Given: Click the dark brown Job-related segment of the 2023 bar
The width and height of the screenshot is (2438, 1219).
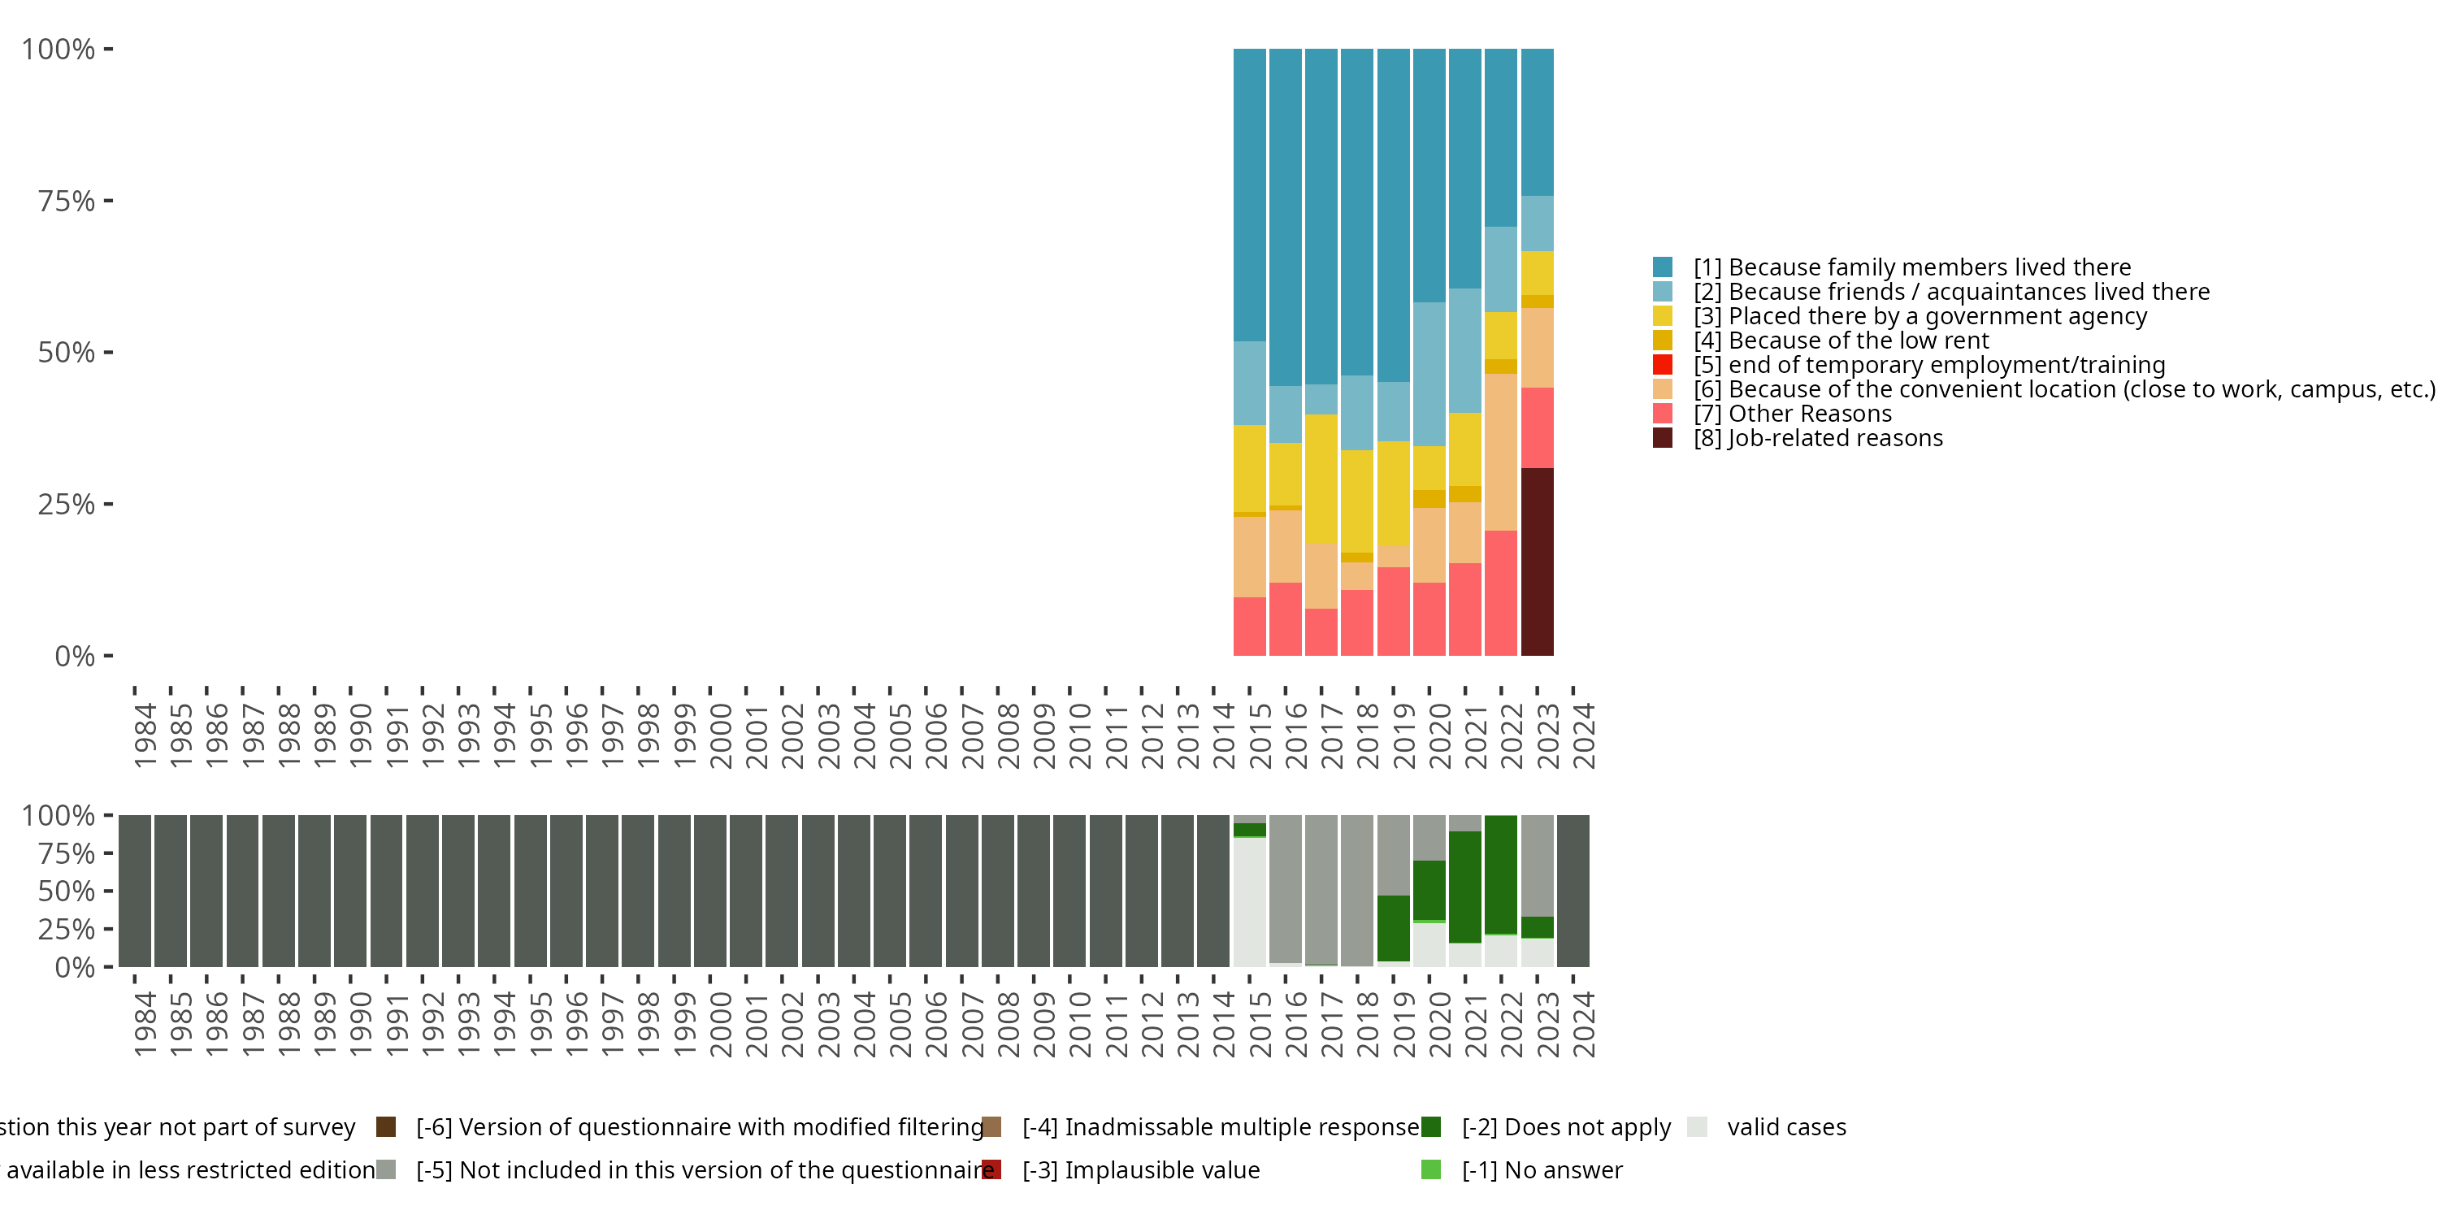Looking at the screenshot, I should coord(1537,562).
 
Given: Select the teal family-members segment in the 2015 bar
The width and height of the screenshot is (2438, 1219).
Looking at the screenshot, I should coord(1249,194).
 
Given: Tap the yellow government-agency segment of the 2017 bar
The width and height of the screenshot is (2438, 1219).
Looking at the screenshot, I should coord(1321,478).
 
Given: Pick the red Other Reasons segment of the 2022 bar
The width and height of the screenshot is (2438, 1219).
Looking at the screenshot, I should coord(1501,592).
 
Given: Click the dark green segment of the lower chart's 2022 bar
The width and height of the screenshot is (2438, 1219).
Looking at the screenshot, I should coord(1501,874).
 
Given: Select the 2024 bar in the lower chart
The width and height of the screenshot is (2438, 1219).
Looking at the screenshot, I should coord(1573,891).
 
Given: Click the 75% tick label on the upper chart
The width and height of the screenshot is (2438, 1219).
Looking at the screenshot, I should coord(67,201).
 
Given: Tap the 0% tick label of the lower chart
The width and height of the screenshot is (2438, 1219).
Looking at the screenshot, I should coord(75,967).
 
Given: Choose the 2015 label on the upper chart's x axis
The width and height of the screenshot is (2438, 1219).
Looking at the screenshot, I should coord(1260,735).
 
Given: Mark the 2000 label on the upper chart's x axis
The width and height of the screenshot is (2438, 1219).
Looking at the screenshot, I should coord(720,735).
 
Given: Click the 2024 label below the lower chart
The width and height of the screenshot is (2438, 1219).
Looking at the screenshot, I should coord(1583,1024).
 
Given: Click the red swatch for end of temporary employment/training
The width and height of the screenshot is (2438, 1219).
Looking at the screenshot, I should coord(1662,364).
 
